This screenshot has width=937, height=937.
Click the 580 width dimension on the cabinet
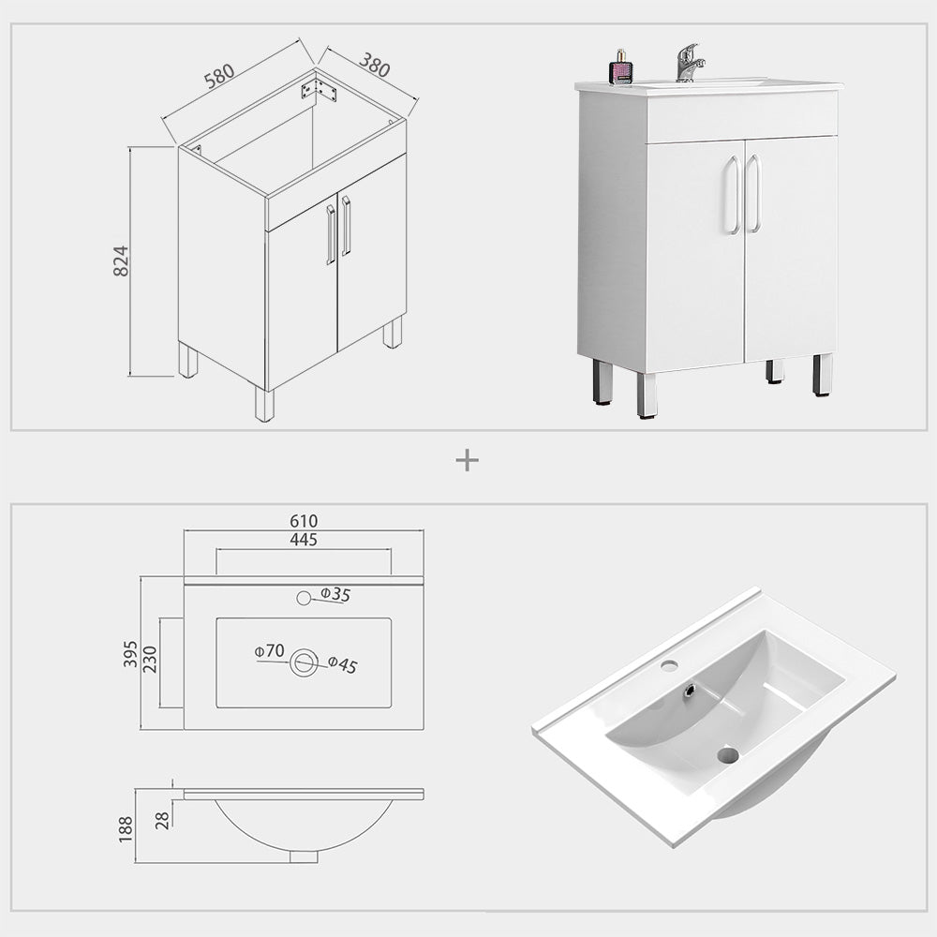tap(219, 74)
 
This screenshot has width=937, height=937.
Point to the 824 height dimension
tap(121, 260)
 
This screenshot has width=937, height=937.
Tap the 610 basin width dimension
tap(304, 521)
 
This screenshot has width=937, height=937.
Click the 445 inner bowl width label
tap(304, 540)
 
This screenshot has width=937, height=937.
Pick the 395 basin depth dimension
tap(130, 653)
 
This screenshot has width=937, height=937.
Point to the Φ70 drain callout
tap(269, 650)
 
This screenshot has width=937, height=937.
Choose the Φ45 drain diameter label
tap(343, 665)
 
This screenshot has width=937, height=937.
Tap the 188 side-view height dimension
tap(126, 828)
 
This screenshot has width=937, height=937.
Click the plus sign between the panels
tap(467, 460)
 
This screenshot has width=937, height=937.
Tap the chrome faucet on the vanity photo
tap(689, 63)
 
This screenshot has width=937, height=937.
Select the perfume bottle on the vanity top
tap(620, 68)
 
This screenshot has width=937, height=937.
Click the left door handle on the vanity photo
tap(731, 195)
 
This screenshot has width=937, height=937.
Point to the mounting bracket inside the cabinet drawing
tap(319, 91)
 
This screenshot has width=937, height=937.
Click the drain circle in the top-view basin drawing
tap(304, 662)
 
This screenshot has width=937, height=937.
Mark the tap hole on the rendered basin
tap(669, 665)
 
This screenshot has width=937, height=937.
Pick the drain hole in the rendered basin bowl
tap(728, 754)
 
